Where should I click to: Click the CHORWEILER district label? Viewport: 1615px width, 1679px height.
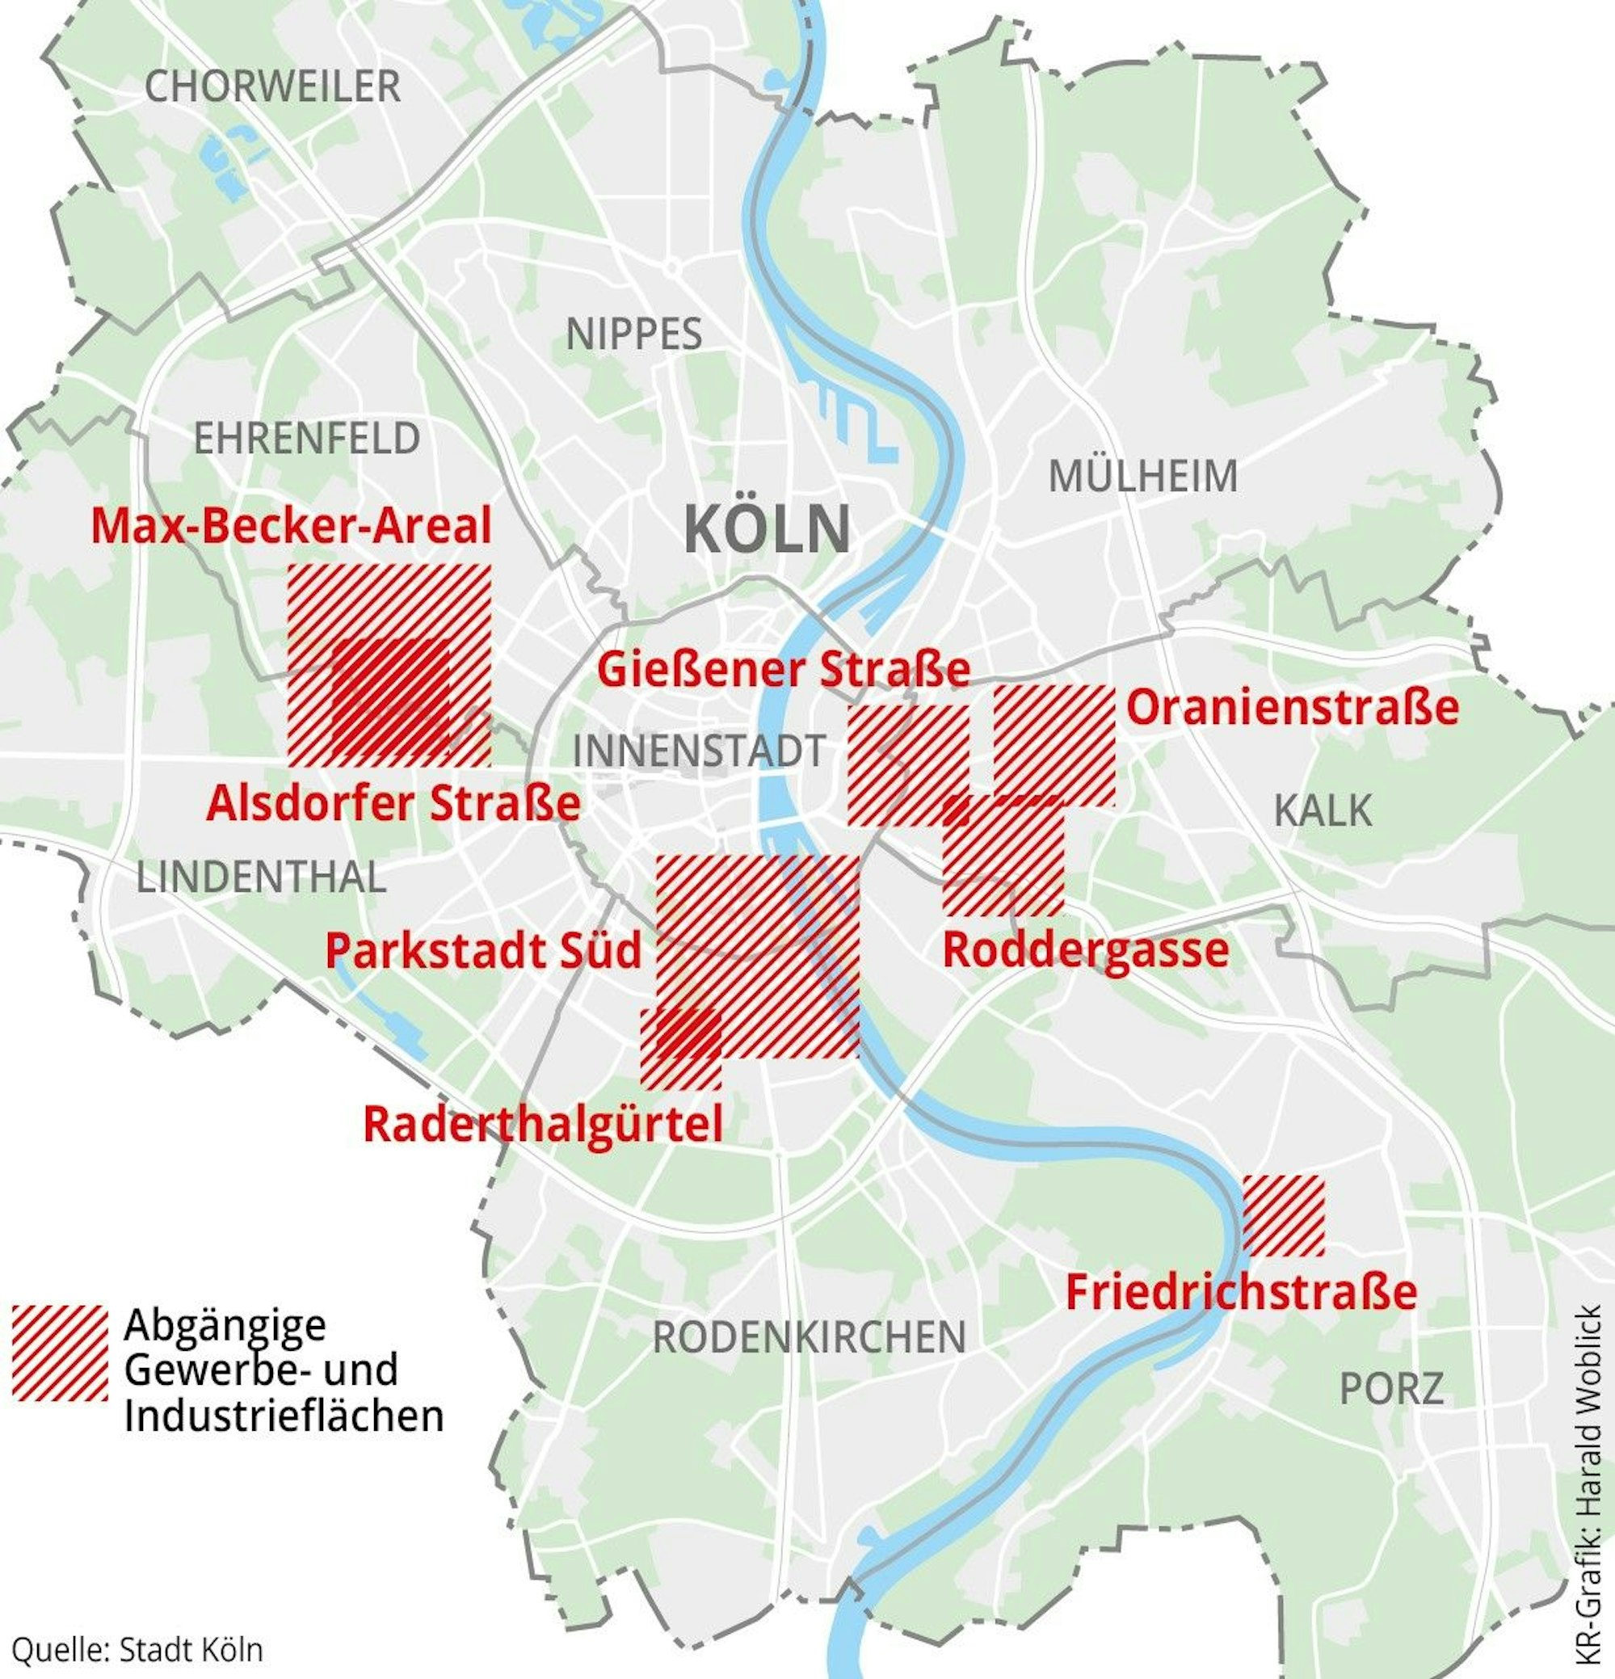[x=271, y=86]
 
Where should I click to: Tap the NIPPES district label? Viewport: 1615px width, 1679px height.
[x=633, y=334]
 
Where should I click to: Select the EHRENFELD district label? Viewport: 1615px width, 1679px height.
[x=307, y=439]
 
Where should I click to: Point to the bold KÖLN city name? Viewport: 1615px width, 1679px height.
[x=767, y=530]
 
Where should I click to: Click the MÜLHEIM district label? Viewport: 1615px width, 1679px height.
[x=1143, y=476]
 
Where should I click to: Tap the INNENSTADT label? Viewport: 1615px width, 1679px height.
[x=698, y=751]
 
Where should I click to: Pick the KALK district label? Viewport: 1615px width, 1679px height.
[x=1322, y=810]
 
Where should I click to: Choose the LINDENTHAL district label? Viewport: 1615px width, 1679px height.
[x=260, y=878]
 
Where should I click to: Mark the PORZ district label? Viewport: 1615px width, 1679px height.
[x=1391, y=1388]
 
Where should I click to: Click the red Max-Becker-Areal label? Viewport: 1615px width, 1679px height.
[x=292, y=526]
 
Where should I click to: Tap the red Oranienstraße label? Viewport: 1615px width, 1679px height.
[x=1292, y=709]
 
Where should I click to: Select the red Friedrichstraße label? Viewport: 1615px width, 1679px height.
[x=1240, y=1293]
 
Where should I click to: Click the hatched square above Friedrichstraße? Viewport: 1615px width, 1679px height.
[x=1283, y=1215]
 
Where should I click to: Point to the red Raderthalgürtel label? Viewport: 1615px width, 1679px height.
[x=543, y=1124]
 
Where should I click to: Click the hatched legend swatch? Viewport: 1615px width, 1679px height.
[x=60, y=1353]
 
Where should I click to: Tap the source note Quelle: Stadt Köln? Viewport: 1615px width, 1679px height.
[x=137, y=1650]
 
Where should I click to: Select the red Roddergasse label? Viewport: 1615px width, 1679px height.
[x=1086, y=950]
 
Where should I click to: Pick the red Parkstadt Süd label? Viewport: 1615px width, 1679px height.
[x=482, y=951]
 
